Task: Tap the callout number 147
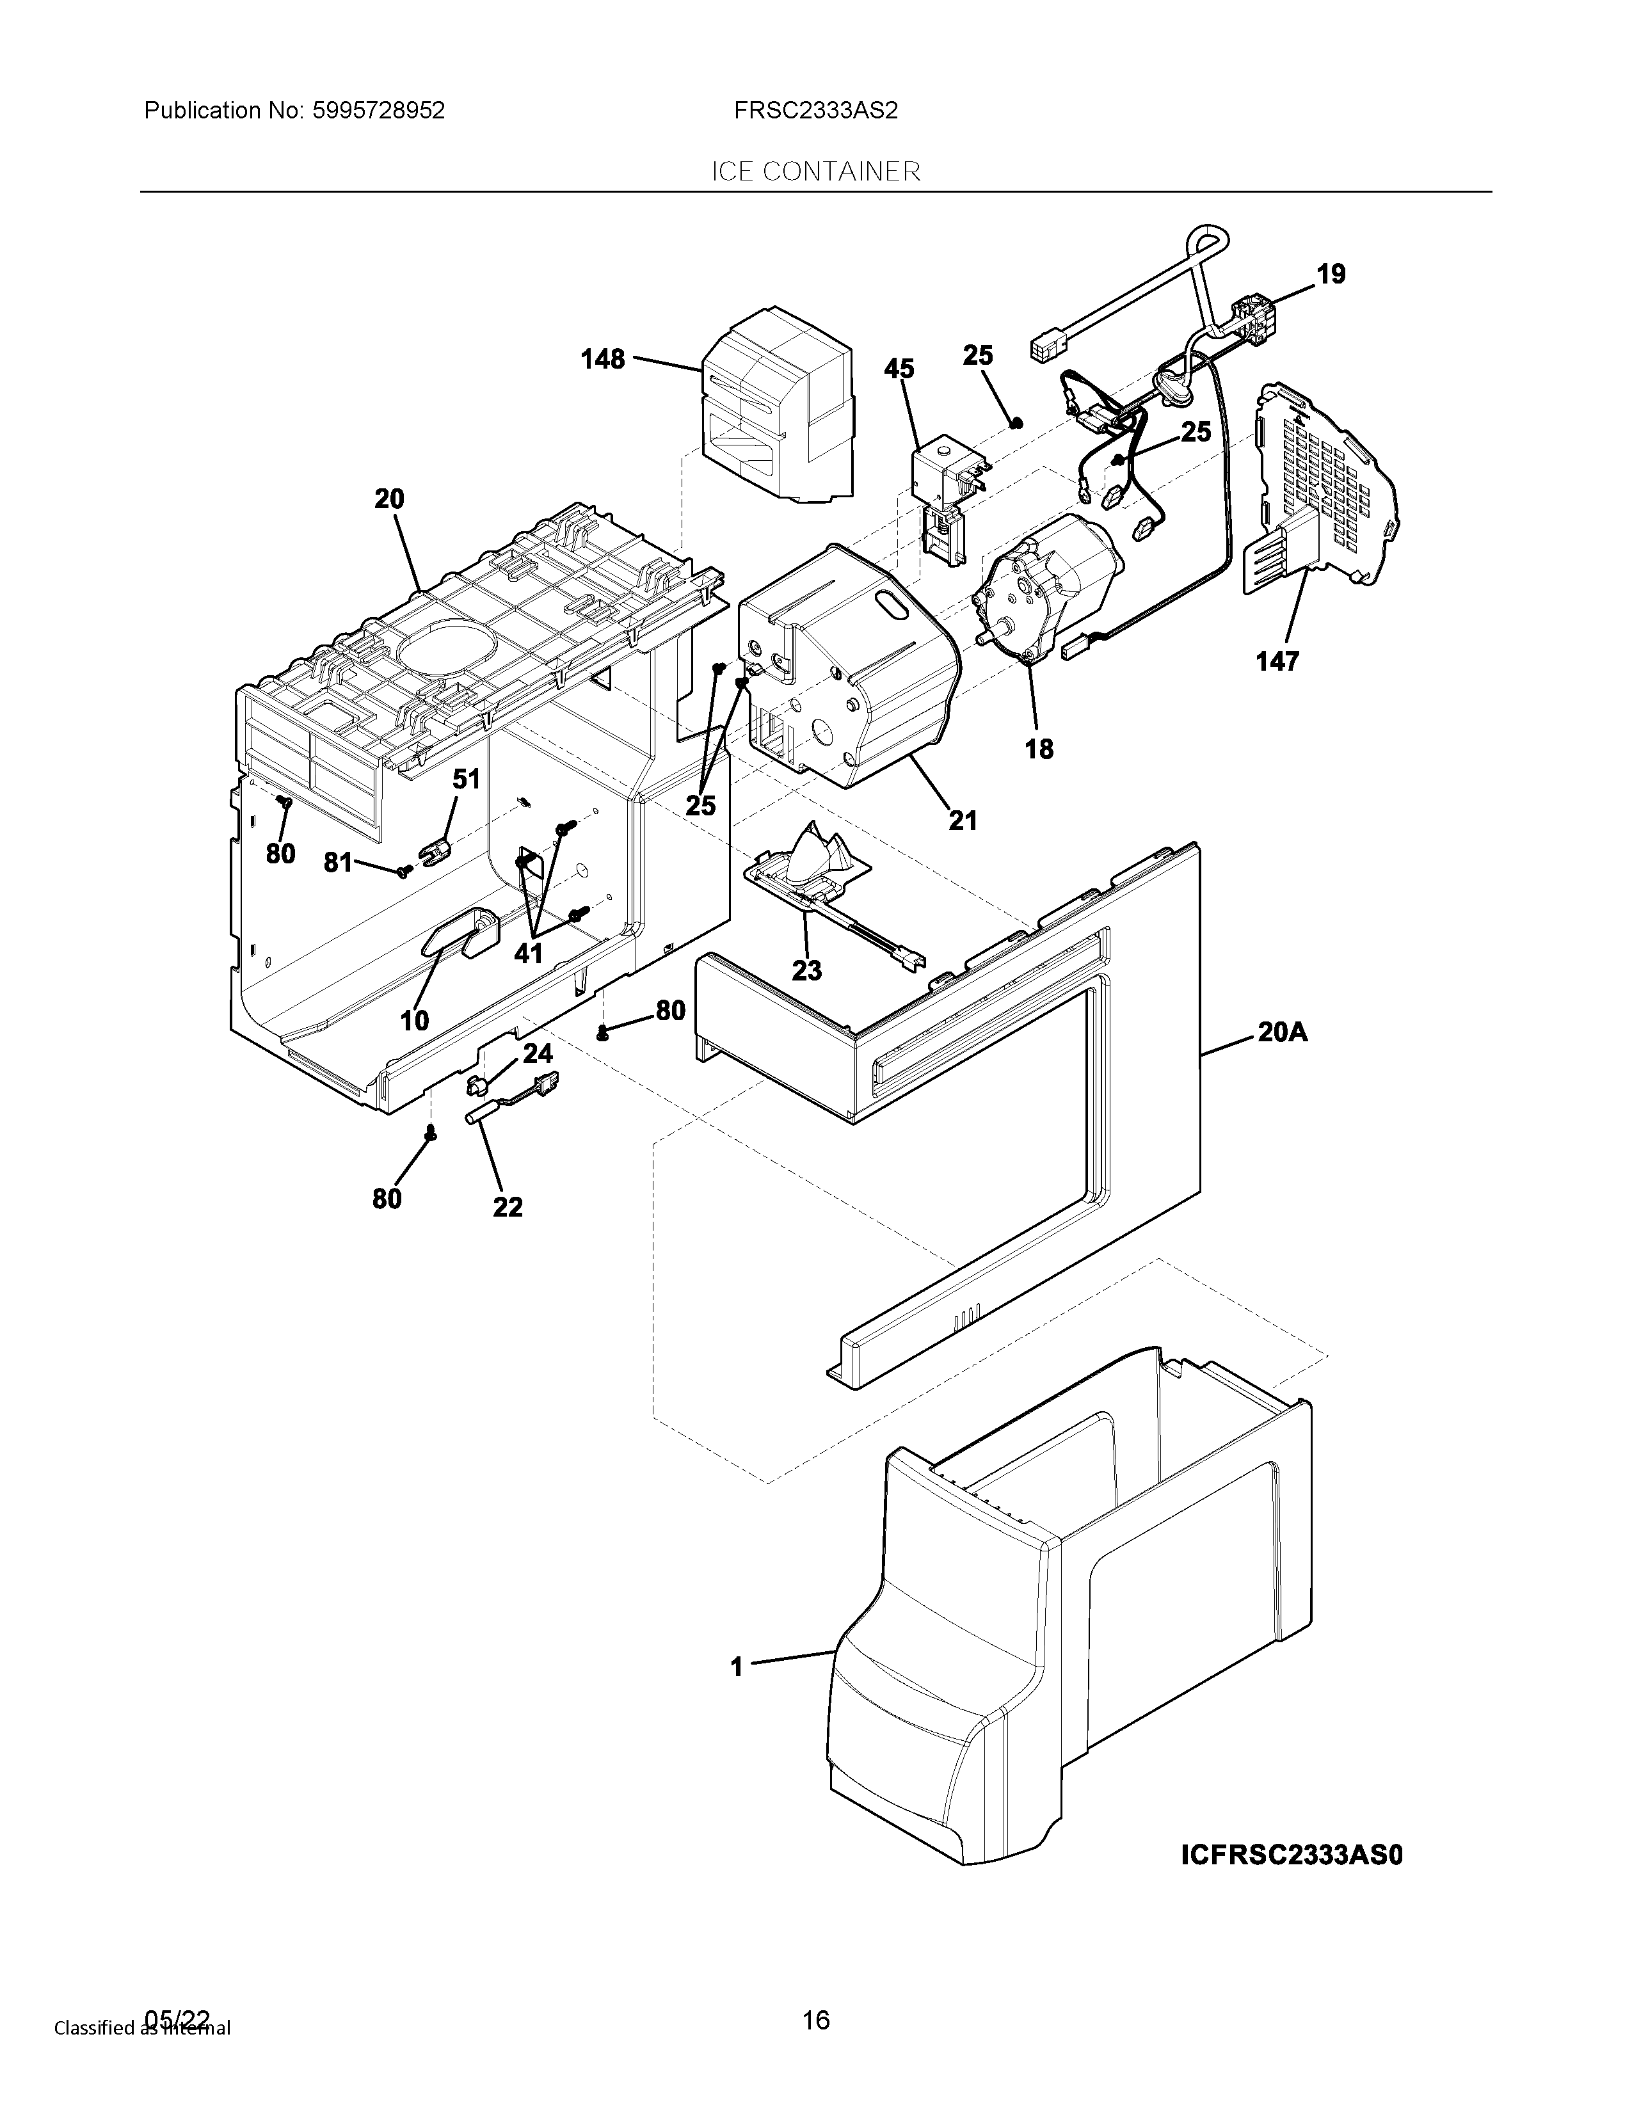[1277, 662]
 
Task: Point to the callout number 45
[899, 369]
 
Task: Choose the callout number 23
[806, 970]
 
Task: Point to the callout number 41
[528, 954]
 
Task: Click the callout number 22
[508, 1207]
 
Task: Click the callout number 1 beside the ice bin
[737, 1666]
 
